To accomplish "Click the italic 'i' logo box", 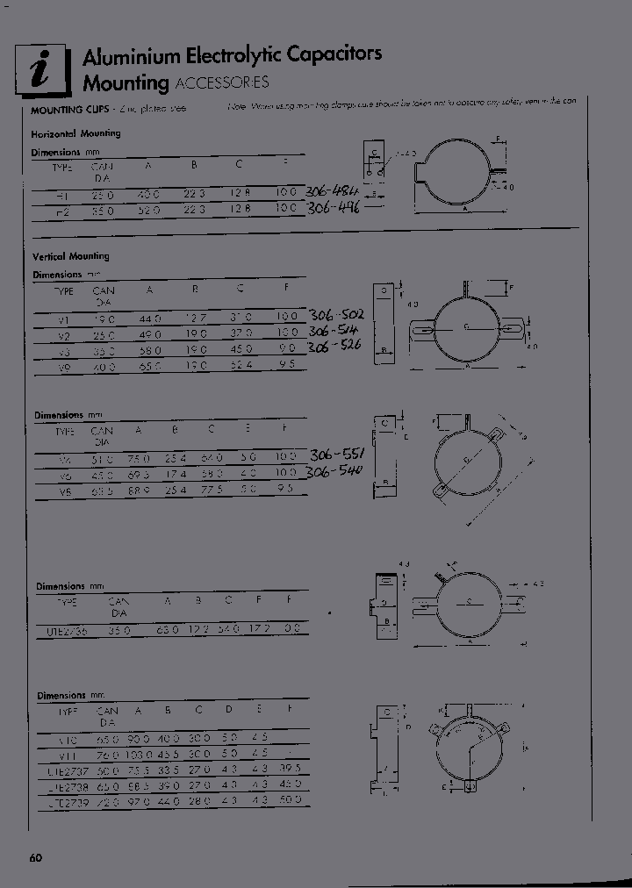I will pyautogui.click(x=42, y=69).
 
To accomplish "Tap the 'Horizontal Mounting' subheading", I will pyautogui.click(x=75, y=134).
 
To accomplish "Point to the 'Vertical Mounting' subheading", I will pyautogui.click(x=71, y=257).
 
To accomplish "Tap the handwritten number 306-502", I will pyautogui.click(x=336, y=315).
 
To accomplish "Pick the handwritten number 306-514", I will pyautogui.click(x=334, y=331).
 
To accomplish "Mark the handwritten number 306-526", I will pyautogui.click(x=334, y=347).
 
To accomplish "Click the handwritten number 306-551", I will pyautogui.click(x=339, y=455).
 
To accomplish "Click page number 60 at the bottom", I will pyautogui.click(x=35, y=857).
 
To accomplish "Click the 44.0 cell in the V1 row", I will pyautogui.click(x=150, y=318).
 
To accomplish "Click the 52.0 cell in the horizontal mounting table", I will pyautogui.click(x=149, y=211).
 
